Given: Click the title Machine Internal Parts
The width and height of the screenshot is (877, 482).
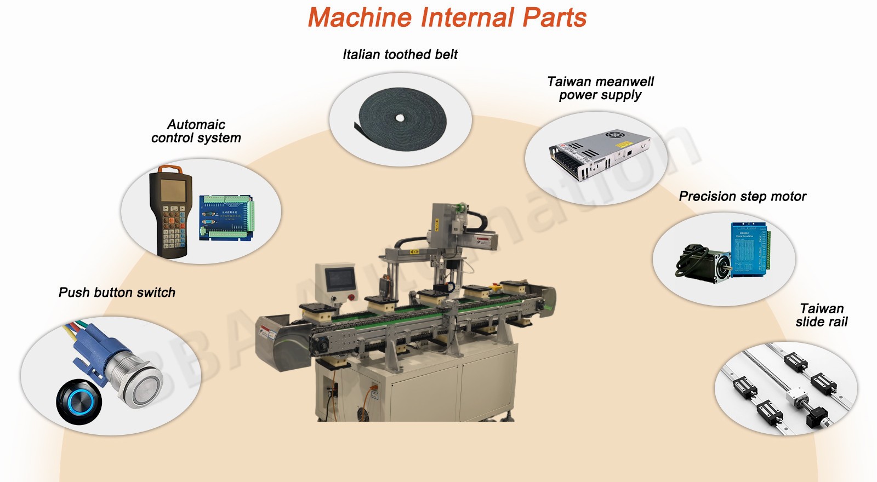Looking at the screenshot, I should pos(447,18).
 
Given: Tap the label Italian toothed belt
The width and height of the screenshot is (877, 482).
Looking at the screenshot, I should pos(400,55).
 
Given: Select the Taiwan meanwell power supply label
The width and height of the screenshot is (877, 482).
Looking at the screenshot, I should pos(600,88).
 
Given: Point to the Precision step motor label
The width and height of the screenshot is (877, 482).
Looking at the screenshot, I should pos(742,197).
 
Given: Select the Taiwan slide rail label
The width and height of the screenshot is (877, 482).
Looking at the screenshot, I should pos(821,315).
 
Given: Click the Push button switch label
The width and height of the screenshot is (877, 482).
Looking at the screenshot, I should pos(117,292).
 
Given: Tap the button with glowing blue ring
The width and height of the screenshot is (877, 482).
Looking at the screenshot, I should pos(79,402).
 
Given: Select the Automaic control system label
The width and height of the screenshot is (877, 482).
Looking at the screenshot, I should pos(196,131).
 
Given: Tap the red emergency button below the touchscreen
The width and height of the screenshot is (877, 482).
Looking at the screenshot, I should pos(351,297).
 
